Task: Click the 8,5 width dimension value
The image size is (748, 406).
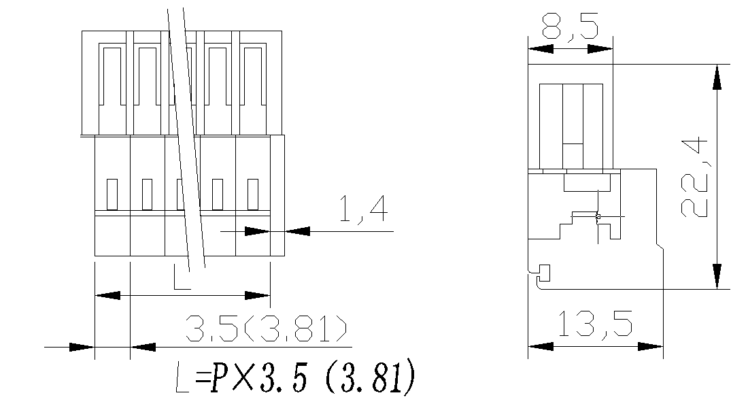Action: (570, 28)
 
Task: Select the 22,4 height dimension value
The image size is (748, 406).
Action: (694, 177)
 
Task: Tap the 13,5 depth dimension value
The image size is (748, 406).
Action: (596, 324)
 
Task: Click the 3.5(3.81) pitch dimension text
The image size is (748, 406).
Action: (267, 330)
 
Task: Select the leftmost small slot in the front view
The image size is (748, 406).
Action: (112, 194)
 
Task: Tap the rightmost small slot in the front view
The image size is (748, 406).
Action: (253, 194)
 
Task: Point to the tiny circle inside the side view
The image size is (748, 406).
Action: (598, 217)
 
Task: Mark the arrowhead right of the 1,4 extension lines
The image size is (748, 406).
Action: (298, 231)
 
